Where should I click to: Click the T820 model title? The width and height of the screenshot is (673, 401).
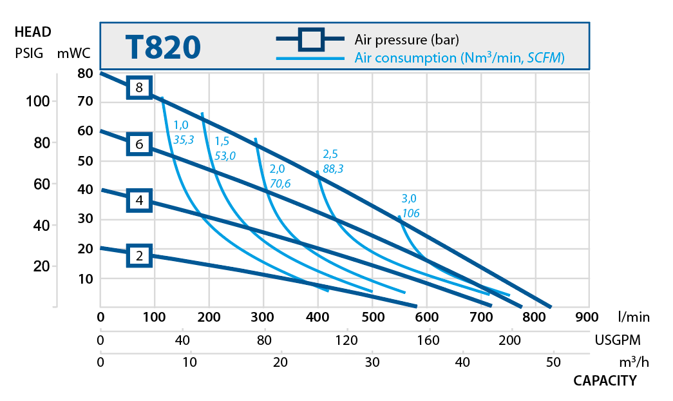click(x=162, y=47)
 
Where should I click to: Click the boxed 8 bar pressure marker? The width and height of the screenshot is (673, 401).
click(x=139, y=87)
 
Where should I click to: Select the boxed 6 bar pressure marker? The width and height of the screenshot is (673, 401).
click(x=139, y=144)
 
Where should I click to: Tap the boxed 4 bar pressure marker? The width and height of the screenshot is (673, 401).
click(x=139, y=200)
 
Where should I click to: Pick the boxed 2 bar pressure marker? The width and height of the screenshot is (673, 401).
click(x=139, y=256)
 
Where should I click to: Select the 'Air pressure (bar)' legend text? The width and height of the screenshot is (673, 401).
click(x=406, y=39)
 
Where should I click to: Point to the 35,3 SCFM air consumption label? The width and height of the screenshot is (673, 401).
click(x=184, y=137)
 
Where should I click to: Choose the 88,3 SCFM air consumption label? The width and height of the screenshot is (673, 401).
click(x=333, y=168)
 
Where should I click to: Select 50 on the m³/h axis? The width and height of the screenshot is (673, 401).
click(x=553, y=362)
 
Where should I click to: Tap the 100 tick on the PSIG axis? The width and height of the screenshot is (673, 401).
click(x=37, y=101)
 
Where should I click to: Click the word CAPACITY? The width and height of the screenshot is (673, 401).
click(x=605, y=380)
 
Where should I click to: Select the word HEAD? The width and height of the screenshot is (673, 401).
click(x=32, y=32)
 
